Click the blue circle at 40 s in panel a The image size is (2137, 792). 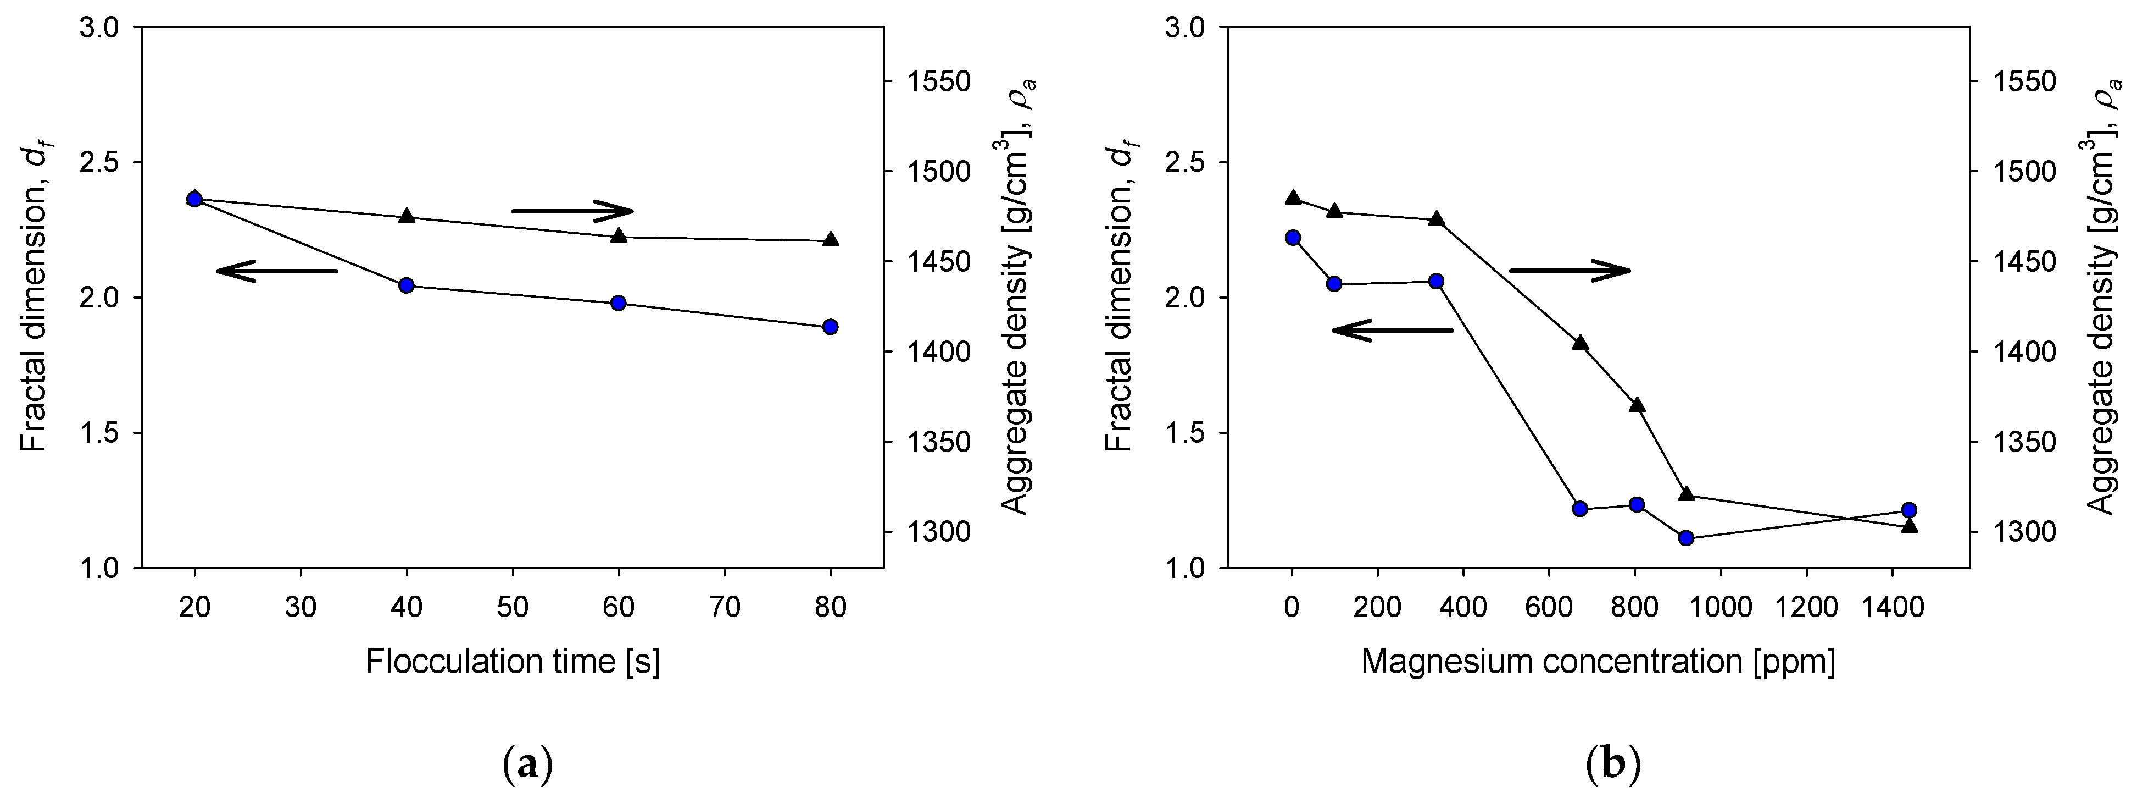[x=407, y=285]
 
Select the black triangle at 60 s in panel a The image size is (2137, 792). [x=618, y=236]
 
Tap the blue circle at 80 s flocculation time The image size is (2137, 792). [x=831, y=326]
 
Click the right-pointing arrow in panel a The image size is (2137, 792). [x=572, y=211]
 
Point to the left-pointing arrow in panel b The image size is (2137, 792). [x=1392, y=331]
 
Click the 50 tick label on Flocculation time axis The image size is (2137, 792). [x=513, y=608]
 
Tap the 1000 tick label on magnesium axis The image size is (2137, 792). [x=1721, y=608]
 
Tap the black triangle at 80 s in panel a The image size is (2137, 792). [x=831, y=240]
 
